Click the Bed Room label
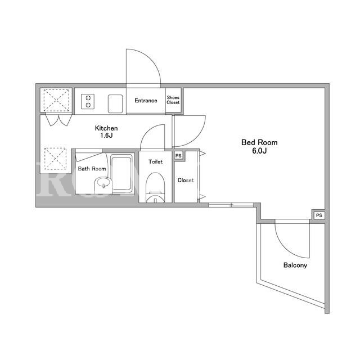click(259, 142)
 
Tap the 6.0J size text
click(259, 151)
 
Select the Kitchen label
click(106, 128)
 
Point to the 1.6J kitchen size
click(106, 135)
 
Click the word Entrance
click(146, 101)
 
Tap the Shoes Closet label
click(173, 100)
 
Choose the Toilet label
click(155, 161)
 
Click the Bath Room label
click(92, 169)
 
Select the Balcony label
click(295, 265)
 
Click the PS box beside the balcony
click(319, 215)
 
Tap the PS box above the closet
click(178, 156)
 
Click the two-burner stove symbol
click(88, 101)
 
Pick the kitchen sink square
click(115, 103)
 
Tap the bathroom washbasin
click(103, 185)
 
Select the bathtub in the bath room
click(121, 173)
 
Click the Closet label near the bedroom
click(186, 180)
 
